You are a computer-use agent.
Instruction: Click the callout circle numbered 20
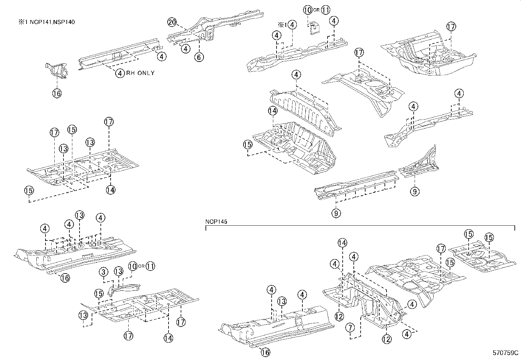(x=172, y=22)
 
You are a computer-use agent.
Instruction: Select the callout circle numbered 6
(x=199, y=57)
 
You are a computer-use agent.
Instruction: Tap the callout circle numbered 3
(x=103, y=272)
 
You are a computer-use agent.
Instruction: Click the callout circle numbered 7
(x=350, y=327)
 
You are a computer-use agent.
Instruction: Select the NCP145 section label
(x=216, y=222)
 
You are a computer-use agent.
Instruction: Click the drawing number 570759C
(x=506, y=353)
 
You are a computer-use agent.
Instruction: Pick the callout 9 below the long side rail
(x=336, y=213)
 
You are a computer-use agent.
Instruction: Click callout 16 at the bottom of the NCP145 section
(x=266, y=352)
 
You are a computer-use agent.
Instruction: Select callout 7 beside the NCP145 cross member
(x=350, y=327)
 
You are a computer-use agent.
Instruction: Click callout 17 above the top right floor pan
(x=451, y=27)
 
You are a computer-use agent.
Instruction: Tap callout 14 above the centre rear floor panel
(x=273, y=111)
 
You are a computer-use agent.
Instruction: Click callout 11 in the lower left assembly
(x=150, y=266)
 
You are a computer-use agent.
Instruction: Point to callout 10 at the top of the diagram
(x=308, y=10)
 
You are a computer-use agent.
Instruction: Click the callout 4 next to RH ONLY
(x=120, y=73)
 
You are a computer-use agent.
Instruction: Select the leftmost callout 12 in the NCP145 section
(x=339, y=316)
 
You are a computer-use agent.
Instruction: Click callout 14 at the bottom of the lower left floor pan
(x=168, y=338)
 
